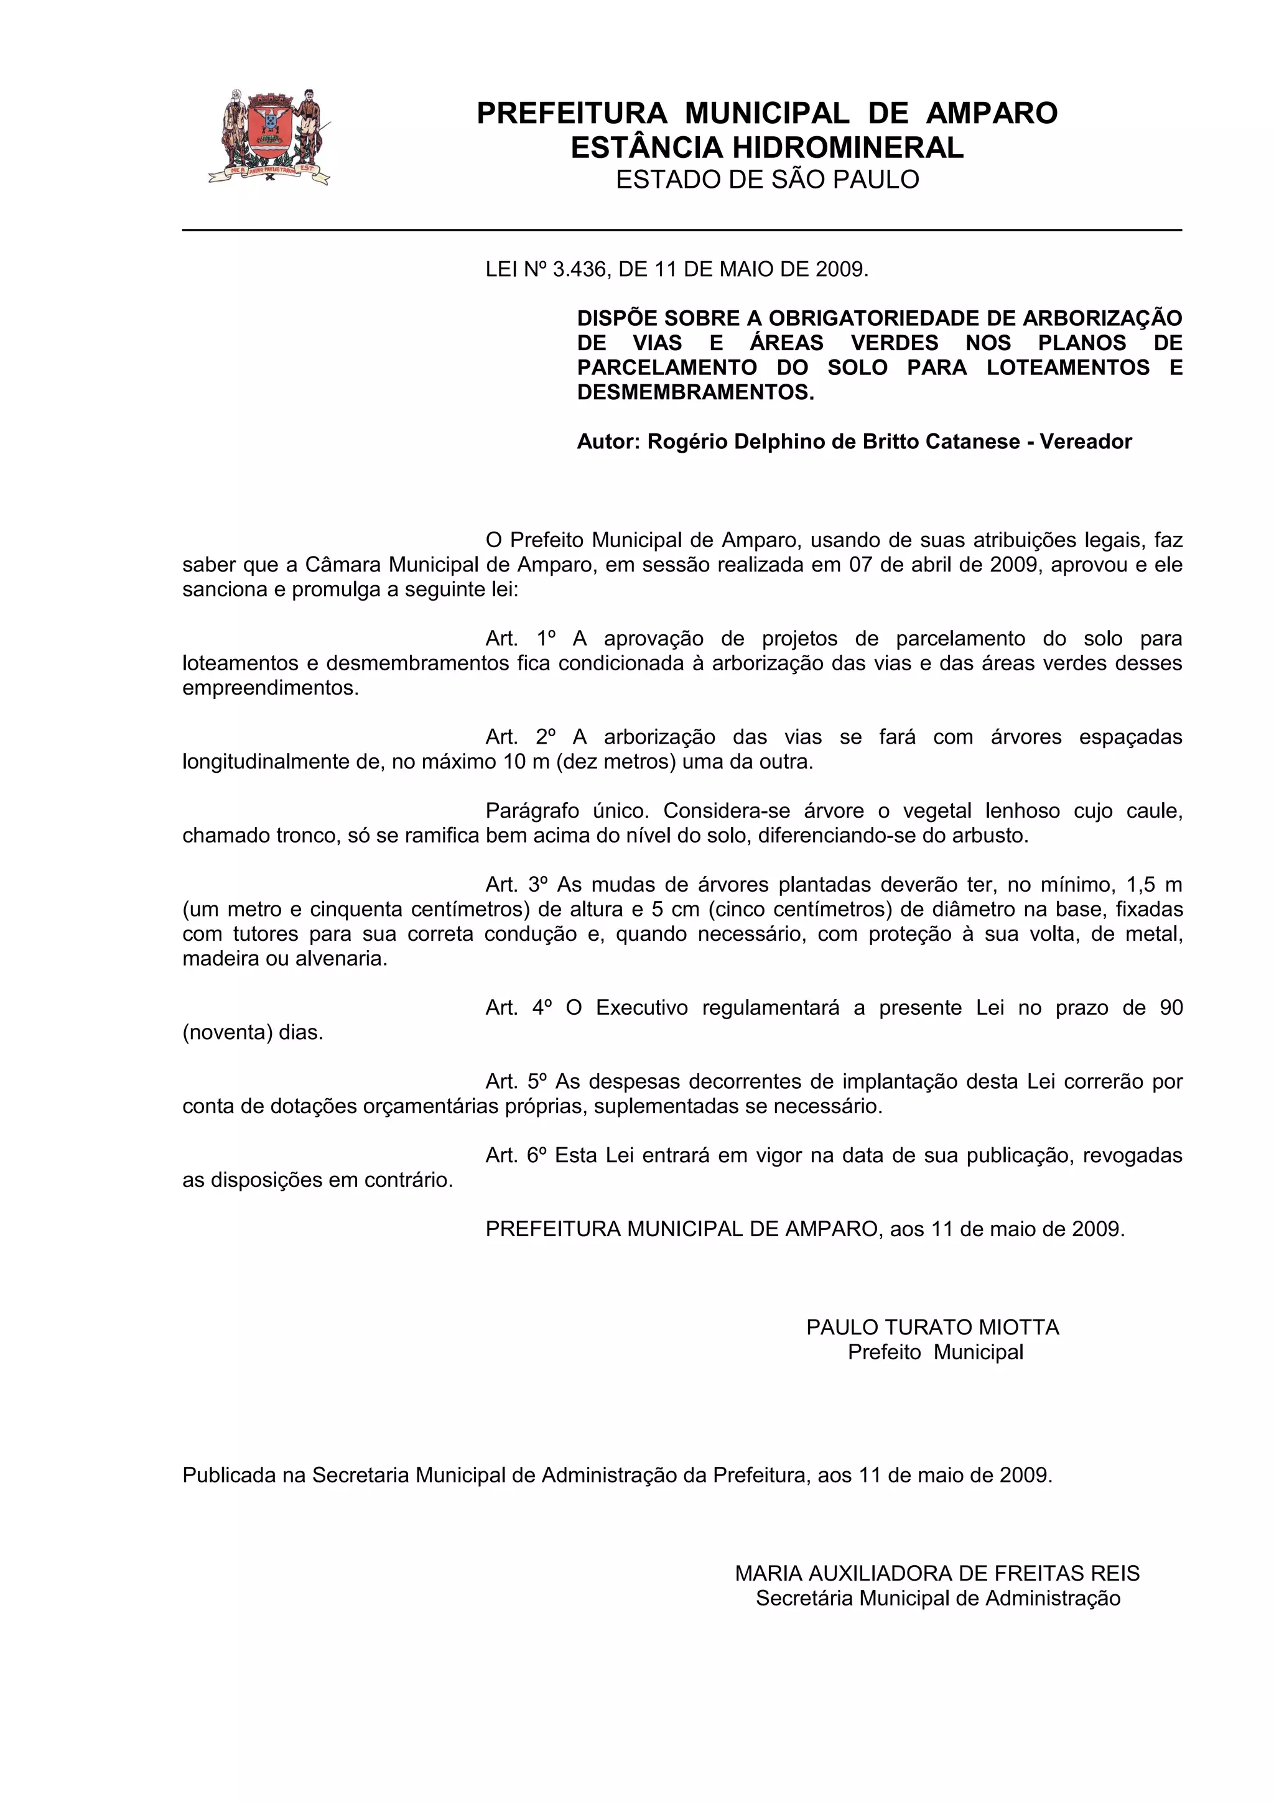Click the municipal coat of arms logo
(269, 137)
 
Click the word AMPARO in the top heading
(992, 114)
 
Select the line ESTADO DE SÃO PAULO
(767, 180)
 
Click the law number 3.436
(579, 270)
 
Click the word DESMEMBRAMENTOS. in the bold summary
(695, 392)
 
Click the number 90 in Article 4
(1170, 1008)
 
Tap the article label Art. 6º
(516, 1155)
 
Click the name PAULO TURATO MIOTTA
(932, 1327)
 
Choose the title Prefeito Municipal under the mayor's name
(935, 1352)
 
